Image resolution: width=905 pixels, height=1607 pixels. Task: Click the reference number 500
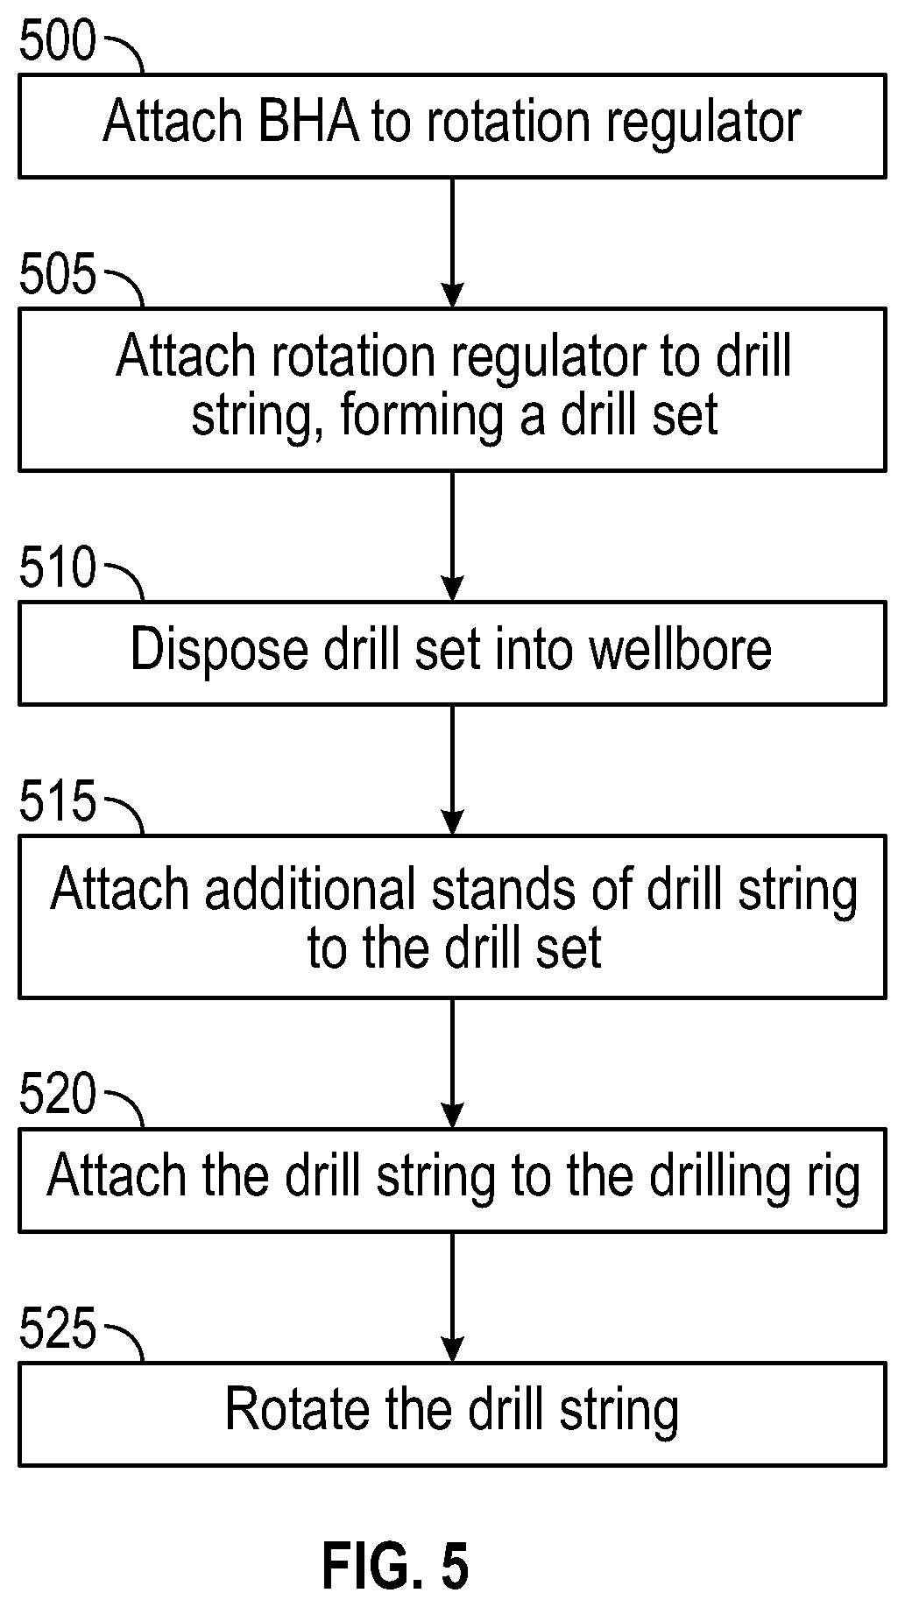tap(57, 41)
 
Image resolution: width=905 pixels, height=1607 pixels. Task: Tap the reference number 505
tap(57, 275)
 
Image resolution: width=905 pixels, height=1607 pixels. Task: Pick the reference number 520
tap(57, 1095)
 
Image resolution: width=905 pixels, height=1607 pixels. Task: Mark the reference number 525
tap(57, 1329)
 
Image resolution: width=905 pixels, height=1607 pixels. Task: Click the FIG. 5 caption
tap(396, 1566)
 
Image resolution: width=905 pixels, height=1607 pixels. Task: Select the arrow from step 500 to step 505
tap(452, 243)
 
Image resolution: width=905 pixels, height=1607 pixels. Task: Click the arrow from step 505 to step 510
tap(452, 536)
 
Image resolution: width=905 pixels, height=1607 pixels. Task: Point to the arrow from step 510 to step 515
tap(452, 770)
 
